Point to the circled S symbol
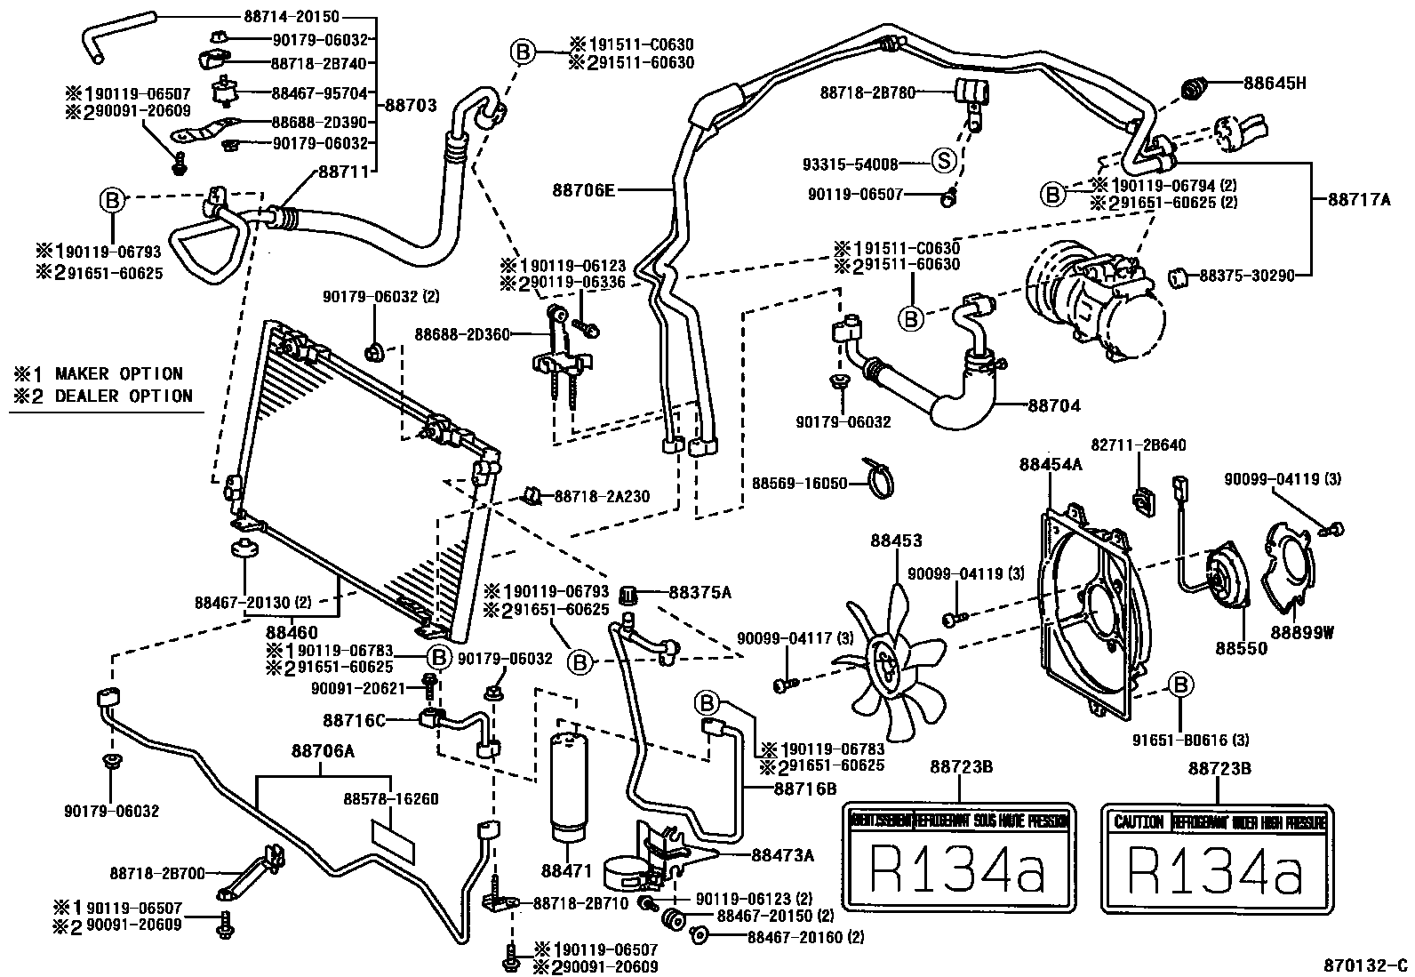(x=944, y=163)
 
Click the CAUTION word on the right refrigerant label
(x=1138, y=822)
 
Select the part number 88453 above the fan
(x=896, y=541)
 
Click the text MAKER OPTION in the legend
(x=118, y=374)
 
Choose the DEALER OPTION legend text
(x=124, y=396)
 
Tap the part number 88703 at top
(x=411, y=105)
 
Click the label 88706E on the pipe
(x=582, y=189)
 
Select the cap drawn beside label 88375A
(x=630, y=594)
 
